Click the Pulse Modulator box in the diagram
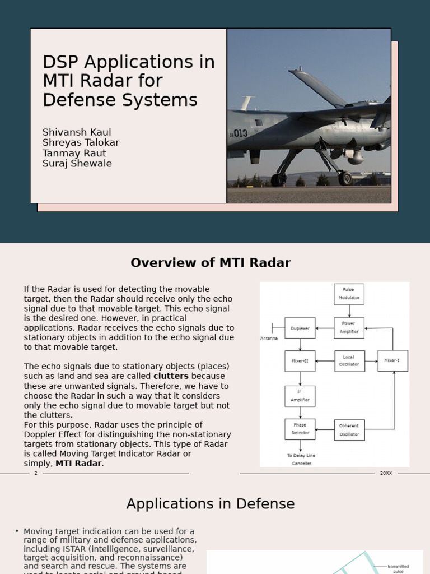349,294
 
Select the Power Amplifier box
349,327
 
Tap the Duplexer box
300,328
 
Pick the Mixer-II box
300,361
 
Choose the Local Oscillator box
349,361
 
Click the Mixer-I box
392,360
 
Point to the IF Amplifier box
300,396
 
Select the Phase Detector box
300,429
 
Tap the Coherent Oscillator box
349,430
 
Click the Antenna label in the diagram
269,339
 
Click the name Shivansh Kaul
77,132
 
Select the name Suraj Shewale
77,164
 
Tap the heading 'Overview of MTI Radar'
211,263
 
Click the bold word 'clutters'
171,376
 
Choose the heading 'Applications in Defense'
211,504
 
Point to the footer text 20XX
386,473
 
